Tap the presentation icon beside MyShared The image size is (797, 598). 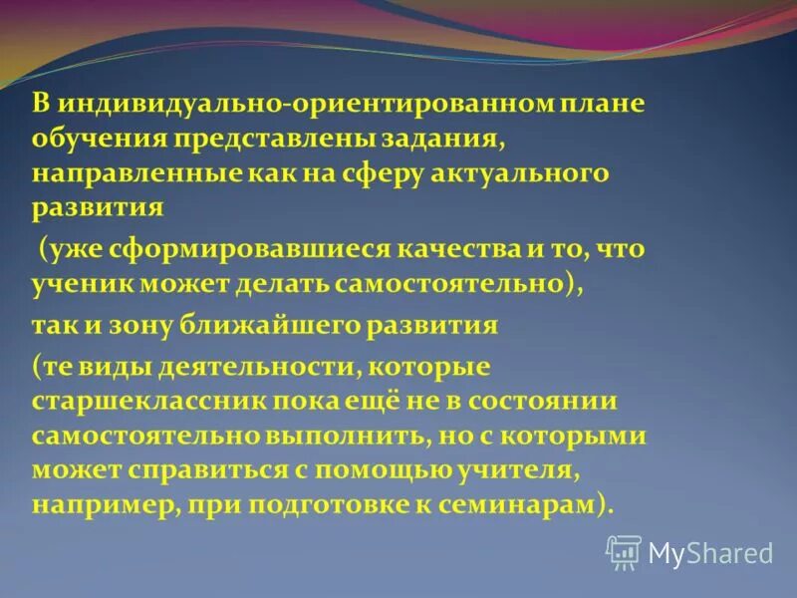[x=624, y=551]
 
